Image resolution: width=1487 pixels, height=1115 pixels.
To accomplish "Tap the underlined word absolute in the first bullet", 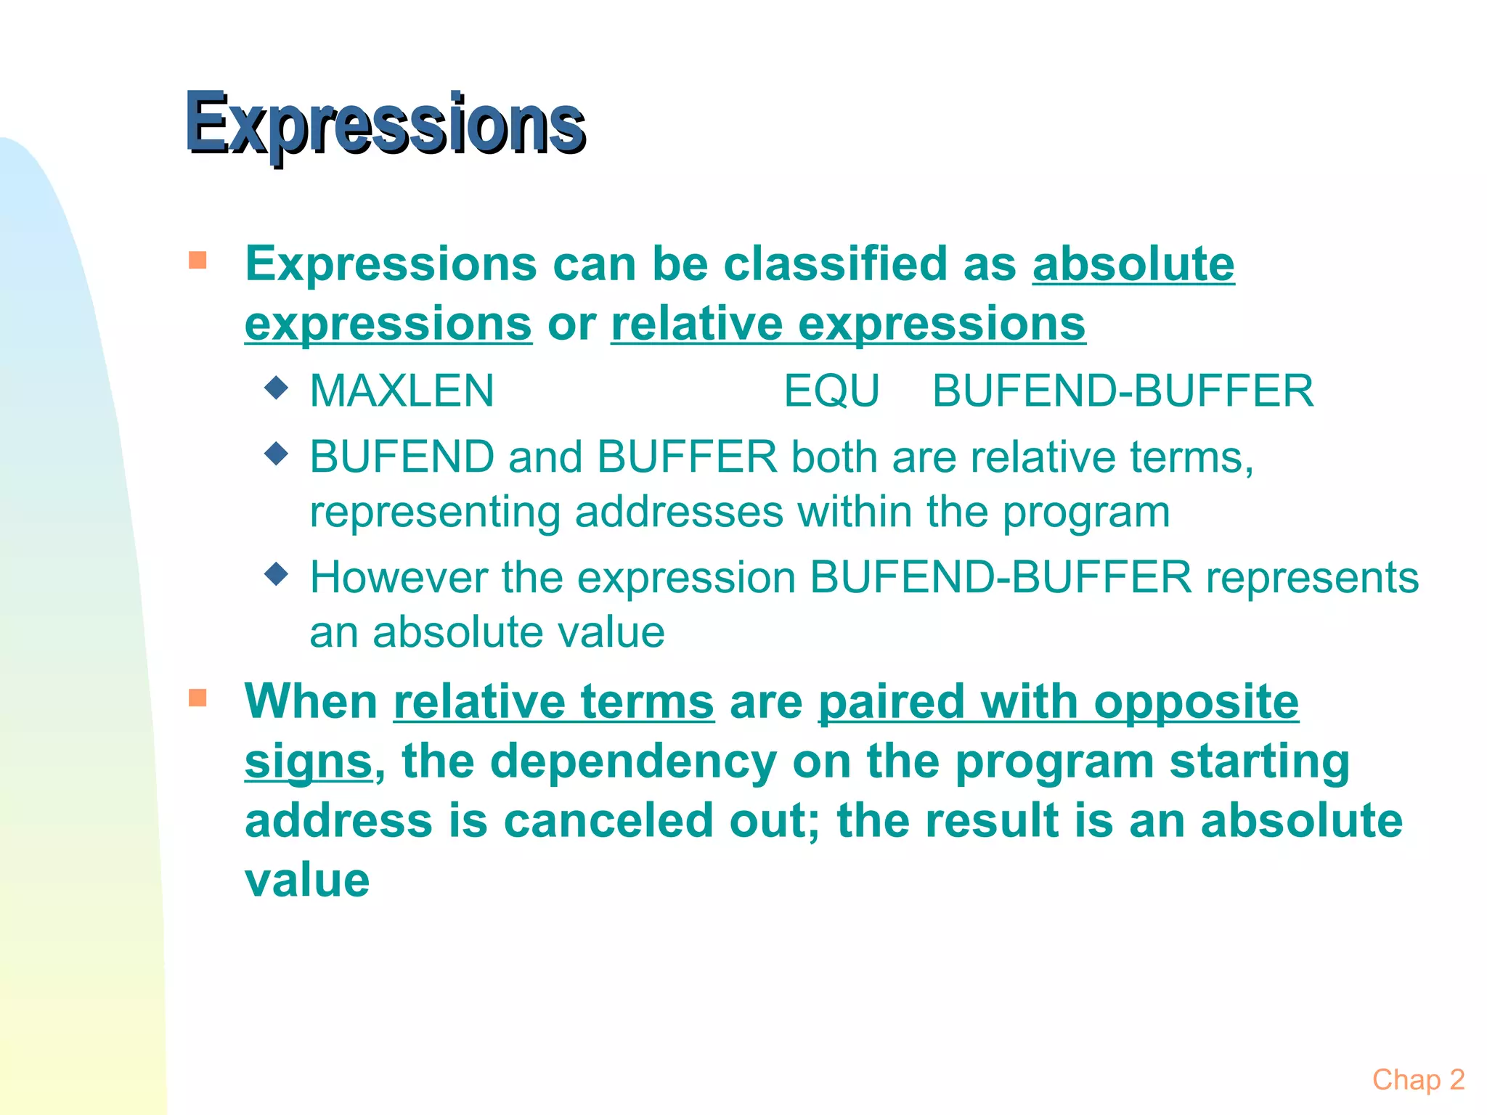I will [1133, 264].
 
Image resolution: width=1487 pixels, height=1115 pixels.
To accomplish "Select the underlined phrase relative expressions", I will [848, 324].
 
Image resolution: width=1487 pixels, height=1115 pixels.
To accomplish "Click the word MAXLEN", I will [402, 391].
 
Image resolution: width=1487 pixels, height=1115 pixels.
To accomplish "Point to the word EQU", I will [831, 391].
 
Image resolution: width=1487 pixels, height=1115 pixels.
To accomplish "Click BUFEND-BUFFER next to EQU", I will [1123, 391].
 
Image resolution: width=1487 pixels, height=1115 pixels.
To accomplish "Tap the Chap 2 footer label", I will [1417, 1080].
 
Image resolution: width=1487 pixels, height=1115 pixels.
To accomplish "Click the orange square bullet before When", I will [197, 698].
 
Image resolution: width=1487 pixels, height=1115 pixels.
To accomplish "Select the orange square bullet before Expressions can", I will [197, 260].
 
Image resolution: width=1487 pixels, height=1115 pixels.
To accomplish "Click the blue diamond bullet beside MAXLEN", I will [277, 388].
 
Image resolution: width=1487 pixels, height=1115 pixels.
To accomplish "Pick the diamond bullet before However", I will [277, 574].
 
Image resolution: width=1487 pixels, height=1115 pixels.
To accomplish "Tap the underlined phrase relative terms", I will [554, 703].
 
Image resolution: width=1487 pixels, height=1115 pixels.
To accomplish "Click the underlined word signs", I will [308, 762].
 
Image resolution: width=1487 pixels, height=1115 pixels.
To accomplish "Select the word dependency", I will [633, 762].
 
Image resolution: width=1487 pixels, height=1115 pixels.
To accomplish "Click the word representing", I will [435, 513].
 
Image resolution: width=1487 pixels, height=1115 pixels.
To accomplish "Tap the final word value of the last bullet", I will [307, 881].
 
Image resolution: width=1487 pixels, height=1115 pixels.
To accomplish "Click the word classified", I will [835, 264].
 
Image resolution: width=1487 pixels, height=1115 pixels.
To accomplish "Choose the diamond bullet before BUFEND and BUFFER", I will [277, 454].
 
